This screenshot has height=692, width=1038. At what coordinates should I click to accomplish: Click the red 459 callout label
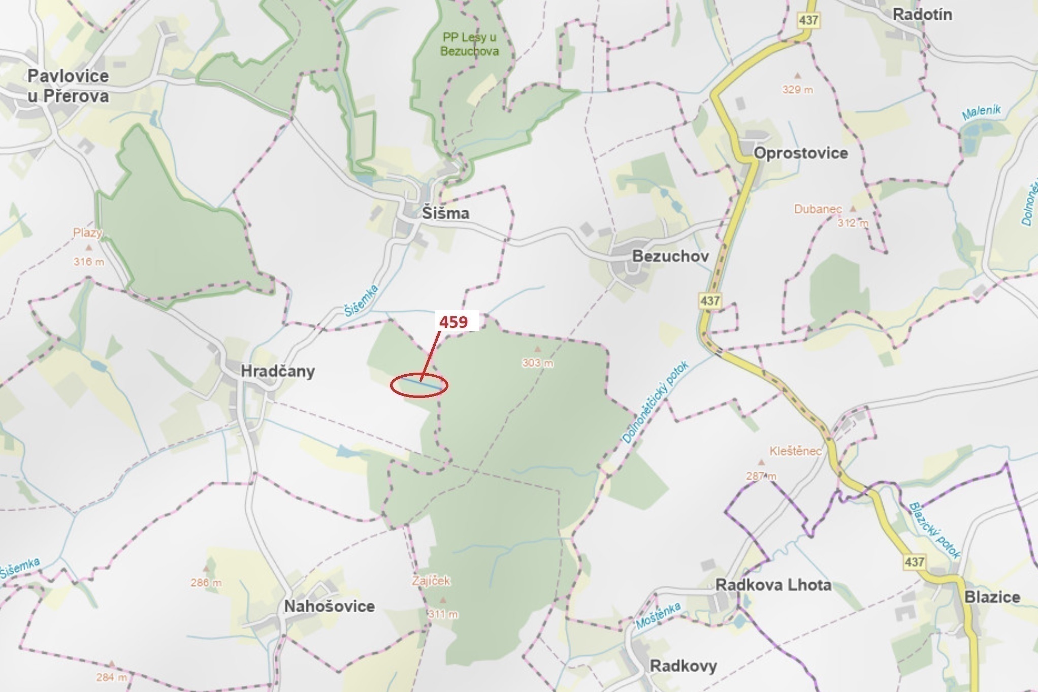[453, 322]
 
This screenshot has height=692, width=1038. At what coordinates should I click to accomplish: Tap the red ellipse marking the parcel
[419, 385]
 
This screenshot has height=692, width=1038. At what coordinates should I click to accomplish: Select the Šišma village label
[445, 213]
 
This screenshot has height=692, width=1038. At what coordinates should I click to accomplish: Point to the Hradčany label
[277, 371]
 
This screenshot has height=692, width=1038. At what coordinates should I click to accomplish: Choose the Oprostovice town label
[800, 153]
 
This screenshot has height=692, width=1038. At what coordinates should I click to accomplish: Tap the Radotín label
[922, 14]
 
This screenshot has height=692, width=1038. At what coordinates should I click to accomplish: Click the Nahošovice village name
[329, 606]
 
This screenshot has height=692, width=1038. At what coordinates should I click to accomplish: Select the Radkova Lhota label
[773, 585]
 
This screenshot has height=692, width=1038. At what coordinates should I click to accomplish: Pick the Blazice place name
[992, 597]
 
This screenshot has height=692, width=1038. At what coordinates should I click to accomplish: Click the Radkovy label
[683, 666]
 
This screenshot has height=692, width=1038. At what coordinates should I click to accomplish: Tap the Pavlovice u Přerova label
[68, 86]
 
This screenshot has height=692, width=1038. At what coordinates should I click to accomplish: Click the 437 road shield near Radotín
[808, 20]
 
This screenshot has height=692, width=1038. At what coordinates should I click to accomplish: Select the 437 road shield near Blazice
[914, 562]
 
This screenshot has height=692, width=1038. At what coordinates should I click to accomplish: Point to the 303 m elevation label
[538, 363]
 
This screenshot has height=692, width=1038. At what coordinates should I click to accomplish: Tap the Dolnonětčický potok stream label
[655, 402]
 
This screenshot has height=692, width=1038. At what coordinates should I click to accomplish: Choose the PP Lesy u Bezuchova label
[469, 44]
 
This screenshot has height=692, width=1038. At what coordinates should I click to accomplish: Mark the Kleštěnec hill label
[795, 451]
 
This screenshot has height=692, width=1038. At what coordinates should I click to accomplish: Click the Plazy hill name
[87, 233]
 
